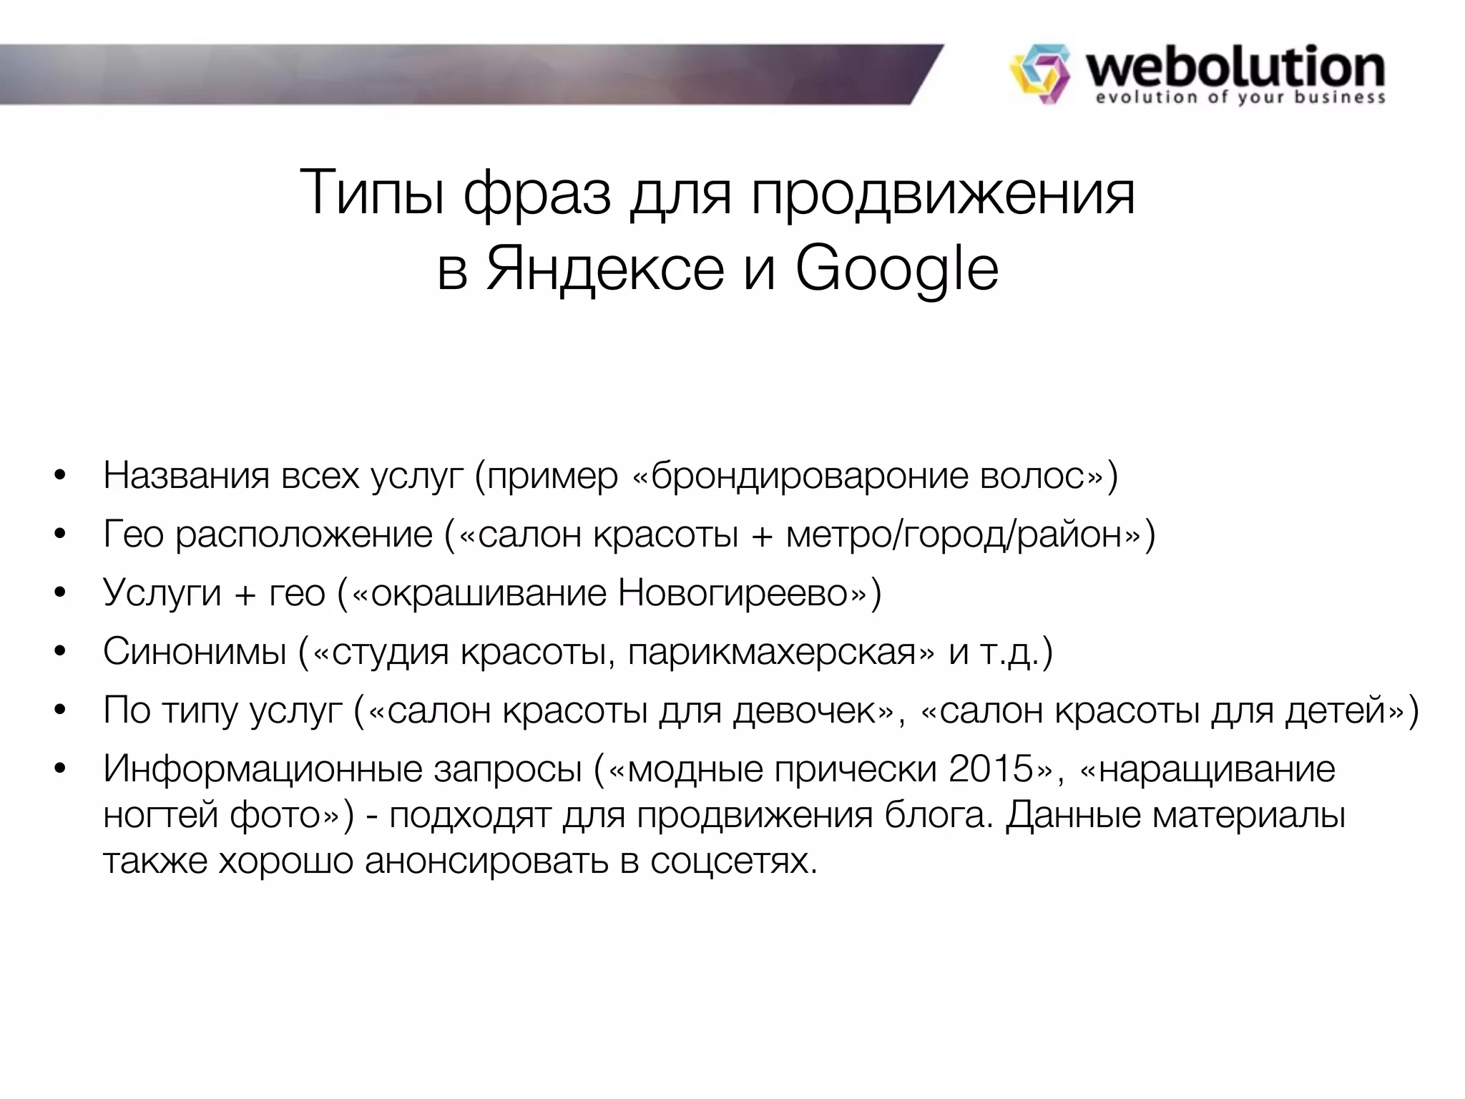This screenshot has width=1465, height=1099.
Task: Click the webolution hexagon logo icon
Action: click(x=1039, y=74)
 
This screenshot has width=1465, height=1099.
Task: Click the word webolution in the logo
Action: click(x=1235, y=67)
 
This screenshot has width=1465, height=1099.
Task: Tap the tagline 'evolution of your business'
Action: click(x=1240, y=98)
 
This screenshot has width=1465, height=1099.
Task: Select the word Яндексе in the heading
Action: click(x=604, y=270)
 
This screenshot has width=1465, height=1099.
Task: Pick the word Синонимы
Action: click(x=195, y=652)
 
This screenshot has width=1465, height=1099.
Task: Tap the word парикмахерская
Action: click(x=771, y=652)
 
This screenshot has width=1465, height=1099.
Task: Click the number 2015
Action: click(x=991, y=769)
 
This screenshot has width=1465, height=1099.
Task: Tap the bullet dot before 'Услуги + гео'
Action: click(x=59, y=593)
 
